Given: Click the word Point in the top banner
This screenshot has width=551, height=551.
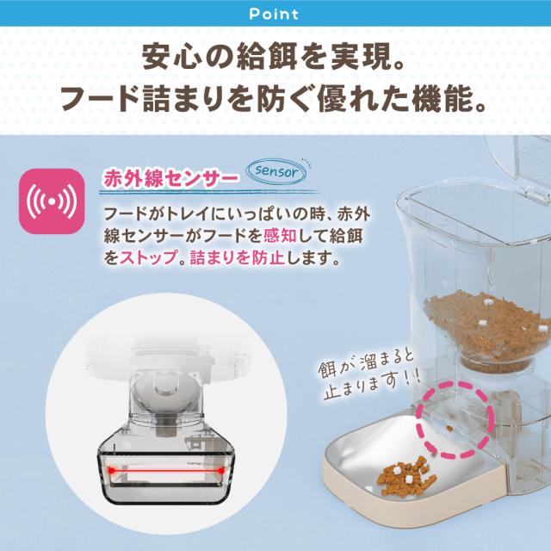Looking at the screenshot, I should click(x=275, y=14).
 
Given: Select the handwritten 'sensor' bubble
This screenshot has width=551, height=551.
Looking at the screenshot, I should click(x=277, y=171).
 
